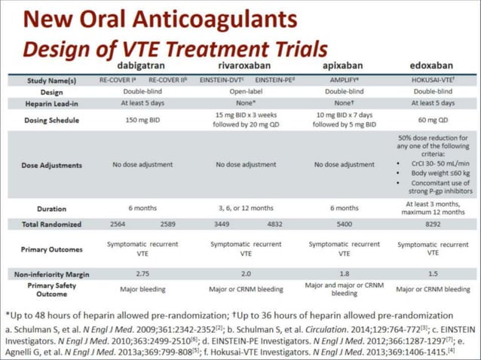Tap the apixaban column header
(x=344, y=65)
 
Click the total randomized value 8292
(x=433, y=224)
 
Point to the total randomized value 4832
(x=274, y=224)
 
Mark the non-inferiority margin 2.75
(x=142, y=273)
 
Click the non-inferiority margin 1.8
(x=344, y=273)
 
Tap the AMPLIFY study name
(x=344, y=78)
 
